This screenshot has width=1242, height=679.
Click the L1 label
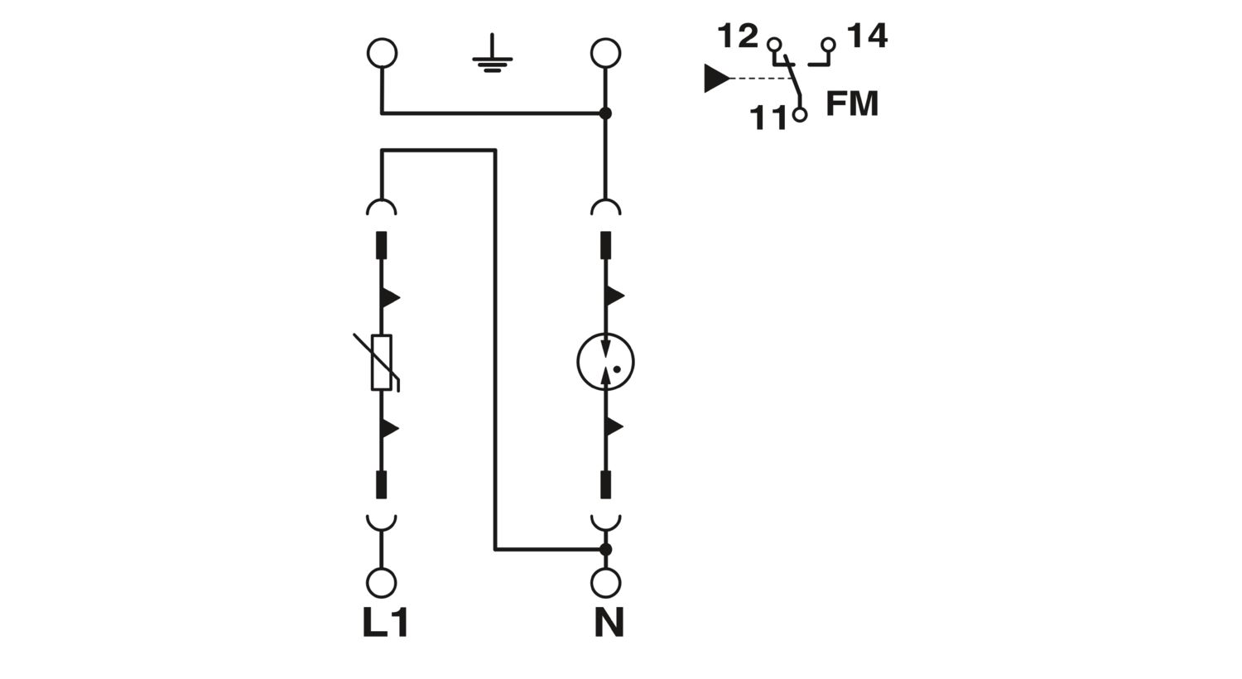[x=386, y=622]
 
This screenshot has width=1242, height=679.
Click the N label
[x=609, y=622]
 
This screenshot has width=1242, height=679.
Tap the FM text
[x=852, y=104]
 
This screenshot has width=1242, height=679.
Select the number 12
[x=738, y=36]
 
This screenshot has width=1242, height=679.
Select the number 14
[x=867, y=36]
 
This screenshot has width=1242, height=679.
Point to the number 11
[x=768, y=118]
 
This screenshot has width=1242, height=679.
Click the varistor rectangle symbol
[x=382, y=363]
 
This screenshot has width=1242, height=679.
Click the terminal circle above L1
[x=382, y=583]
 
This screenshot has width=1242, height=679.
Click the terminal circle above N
[x=605, y=583]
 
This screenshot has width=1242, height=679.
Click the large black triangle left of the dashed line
[x=717, y=78]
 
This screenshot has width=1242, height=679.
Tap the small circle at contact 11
[x=800, y=115]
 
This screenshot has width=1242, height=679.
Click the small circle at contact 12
[x=774, y=45]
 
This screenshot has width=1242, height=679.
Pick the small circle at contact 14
[x=828, y=45]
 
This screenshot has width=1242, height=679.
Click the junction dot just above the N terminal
[x=605, y=549]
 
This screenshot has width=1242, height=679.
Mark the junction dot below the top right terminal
[x=605, y=113]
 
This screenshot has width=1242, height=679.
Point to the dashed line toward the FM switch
[x=763, y=78]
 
